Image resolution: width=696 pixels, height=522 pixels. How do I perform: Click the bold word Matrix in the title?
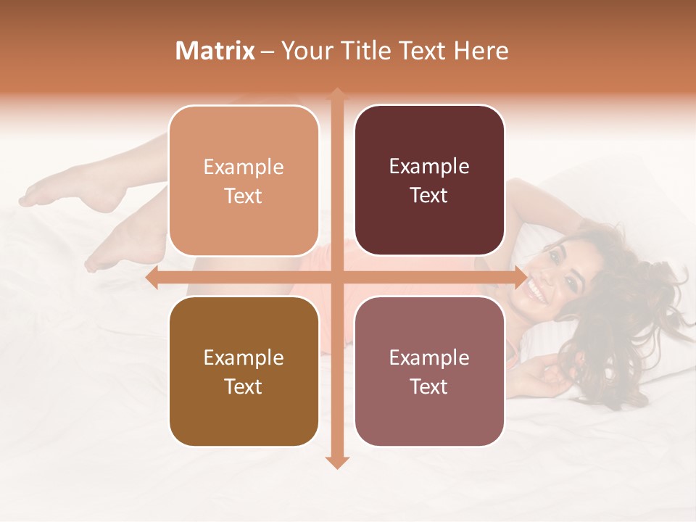pos(215,51)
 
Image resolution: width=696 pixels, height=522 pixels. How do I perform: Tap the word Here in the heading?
pos(481,51)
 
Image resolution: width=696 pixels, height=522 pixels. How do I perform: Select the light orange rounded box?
pos(244,181)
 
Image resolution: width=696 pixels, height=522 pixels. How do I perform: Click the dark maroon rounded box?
pos(429,181)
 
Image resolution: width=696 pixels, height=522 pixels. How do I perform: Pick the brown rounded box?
pos(244,371)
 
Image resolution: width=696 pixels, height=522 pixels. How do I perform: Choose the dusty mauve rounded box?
pos(429,371)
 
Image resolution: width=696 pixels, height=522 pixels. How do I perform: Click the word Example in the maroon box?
pos(429,166)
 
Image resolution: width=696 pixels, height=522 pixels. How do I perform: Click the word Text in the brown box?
pos(244,386)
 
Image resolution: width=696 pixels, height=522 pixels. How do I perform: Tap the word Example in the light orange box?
pos(244,167)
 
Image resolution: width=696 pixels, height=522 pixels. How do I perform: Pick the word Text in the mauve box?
pos(429,386)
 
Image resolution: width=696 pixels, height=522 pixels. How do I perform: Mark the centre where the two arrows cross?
pos(337,277)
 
